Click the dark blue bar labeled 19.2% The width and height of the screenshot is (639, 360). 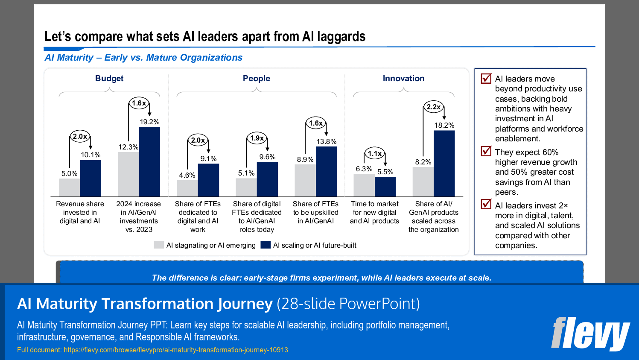(x=149, y=162)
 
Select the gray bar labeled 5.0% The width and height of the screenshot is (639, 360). (x=70, y=187)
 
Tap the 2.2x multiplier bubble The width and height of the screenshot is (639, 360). (x=433, y=107)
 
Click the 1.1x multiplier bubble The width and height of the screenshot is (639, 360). (x=375, y=153)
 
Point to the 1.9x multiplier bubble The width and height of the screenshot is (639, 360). (x=257, y=138)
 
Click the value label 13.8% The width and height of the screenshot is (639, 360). (x=326, y=141)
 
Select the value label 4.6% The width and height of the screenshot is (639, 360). (x=187, y=175)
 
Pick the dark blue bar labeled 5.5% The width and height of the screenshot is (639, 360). (x=385, y=187)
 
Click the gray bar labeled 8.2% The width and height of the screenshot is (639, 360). (x=423, y=182)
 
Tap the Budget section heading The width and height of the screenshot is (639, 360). (x=109, y=78)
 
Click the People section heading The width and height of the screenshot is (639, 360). (x=257, y=78)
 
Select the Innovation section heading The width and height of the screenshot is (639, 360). (x=403, y=78)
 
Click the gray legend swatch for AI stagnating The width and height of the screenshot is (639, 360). (x=159, y=245)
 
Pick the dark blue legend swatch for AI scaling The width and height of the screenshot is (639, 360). (x=266, y=245)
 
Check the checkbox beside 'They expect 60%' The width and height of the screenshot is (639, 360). (x=486, y=151)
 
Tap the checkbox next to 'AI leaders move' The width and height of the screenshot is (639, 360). (x=486, y=78)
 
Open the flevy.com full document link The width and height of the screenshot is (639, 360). (x=175, y=350)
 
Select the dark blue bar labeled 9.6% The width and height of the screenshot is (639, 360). (x=267, y=179)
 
